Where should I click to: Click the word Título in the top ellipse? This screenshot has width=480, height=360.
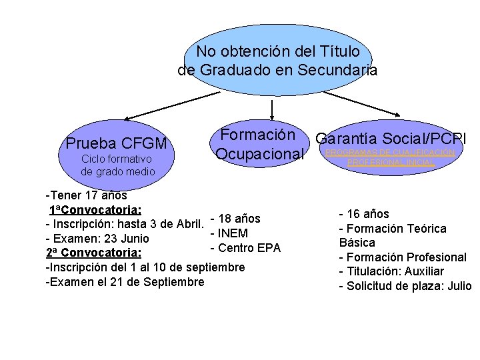[338, 51]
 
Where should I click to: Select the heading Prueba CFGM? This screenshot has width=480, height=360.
[117, 143]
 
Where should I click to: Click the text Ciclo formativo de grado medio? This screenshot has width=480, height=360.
[117, 165]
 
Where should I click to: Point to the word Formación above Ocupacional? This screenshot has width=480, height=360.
[258, 134]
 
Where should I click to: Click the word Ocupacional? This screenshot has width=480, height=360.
[259, 155]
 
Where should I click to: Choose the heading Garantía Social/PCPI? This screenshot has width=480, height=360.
[391, 139]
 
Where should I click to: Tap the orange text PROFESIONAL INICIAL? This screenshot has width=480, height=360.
[391, 162]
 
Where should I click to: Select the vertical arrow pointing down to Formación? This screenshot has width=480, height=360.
[272, 111]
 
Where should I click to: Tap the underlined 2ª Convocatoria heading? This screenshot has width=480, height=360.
[93, 253]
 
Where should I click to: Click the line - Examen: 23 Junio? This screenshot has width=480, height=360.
[97, 239]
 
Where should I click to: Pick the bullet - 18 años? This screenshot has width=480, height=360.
[235, 219]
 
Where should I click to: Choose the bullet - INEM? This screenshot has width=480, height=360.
[229, 233]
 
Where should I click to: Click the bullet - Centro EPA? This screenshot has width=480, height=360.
[245, 248]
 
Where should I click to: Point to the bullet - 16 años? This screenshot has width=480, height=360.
[364, 214]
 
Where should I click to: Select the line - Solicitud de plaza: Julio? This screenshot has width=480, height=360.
[405, 286]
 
